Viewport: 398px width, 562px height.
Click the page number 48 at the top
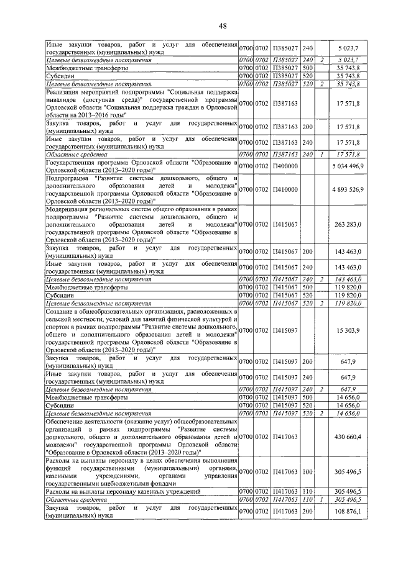pyautogui.click(x=205, y=25)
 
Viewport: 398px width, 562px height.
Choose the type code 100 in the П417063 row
pyautogui.click(x=307, y=472)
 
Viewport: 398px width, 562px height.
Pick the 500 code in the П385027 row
pyautogui.click(x=307, y=68)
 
